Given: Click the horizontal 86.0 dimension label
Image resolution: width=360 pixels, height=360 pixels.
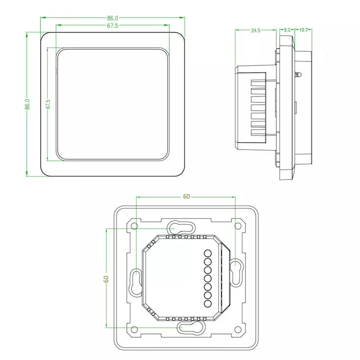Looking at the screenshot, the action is pos(112,18).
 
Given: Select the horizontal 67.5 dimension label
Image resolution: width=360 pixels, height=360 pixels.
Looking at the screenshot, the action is pos(112,26).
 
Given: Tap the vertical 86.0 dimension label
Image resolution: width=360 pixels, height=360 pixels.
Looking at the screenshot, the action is pos(28,104).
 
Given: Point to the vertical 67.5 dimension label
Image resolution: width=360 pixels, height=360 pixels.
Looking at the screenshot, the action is pos(48,104).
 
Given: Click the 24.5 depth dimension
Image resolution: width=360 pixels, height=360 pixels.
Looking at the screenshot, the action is pos(256,30).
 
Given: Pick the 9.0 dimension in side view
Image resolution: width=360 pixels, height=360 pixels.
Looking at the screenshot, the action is pos(287,30).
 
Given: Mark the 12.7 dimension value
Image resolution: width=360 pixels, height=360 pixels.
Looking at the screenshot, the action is pos(303,30).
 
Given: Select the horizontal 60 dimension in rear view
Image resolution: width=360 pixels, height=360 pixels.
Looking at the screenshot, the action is pos(186,197).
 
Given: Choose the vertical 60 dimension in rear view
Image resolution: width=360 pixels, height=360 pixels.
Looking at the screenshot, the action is pos(106,279).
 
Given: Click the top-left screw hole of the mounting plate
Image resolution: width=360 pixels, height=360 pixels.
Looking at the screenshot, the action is pos(134,226).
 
